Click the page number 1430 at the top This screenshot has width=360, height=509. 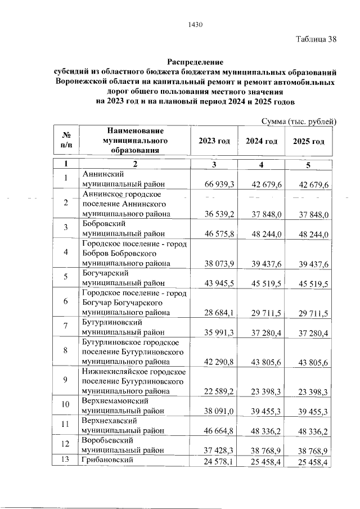pyautogui.click(x=195, y=24)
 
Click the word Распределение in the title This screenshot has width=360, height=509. pyautogui.click(x=195, y=61)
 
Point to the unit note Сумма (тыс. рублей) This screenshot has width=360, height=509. pyautogui.click(x=300, y=121)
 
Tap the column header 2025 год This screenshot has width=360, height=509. pyautogui.click(x=309, y=141)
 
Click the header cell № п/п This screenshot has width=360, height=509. pyautogui.click(x=65, y=141)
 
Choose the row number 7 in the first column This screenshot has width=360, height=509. pyautogui.click(x=65, y=326)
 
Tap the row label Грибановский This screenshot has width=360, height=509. pyautogui.click(x=110, y=461)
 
